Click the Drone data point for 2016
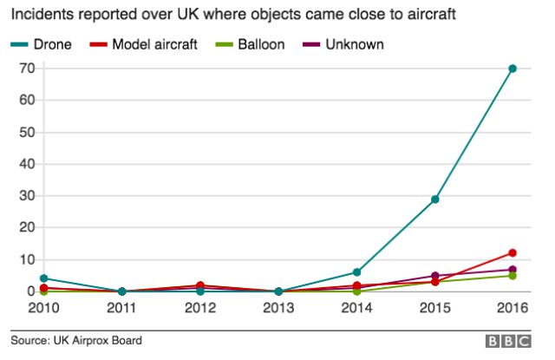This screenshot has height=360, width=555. (x=513, y=69)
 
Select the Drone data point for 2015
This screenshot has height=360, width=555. (x=434, y=200)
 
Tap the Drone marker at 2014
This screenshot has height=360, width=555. (x=356, y=272)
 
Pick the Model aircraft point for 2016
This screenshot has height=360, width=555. (x=513, y=253)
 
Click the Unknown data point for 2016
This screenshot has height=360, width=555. (x=513, y=270)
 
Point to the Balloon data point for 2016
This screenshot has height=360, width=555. (x=513, y=276)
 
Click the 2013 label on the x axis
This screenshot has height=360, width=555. (x=278, y=309)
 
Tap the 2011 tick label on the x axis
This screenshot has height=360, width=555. (x=122, y=309)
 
